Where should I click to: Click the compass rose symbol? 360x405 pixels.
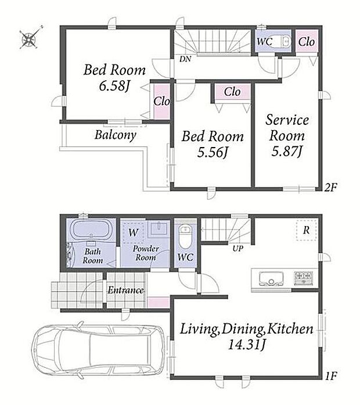(x=29, y=40)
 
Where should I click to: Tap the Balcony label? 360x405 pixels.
(x=116, y=135)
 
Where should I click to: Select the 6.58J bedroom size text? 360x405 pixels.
(x=114, y=86)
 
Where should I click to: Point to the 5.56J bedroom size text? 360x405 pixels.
(x=213, y=152)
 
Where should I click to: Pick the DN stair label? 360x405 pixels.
(x=185, y=59)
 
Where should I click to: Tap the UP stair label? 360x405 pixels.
(x=237, y=249)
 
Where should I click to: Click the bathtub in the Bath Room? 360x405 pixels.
(x=91, y=230)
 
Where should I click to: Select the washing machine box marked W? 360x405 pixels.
(x=133, y=232)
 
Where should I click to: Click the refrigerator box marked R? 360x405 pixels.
(x=307, y=230)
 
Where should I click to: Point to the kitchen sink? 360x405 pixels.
(x=271, y=279)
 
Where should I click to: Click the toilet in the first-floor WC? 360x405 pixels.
(x=185, y=236)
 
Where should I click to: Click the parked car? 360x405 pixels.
(x=98, y=349)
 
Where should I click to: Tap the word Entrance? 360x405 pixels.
(x=125, y=290)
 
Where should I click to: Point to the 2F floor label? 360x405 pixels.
(x=330, y=187)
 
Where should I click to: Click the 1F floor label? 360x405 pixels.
(x=331, y=376)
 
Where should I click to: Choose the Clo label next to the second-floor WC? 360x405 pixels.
(x=307, y=42)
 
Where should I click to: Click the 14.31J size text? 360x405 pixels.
(x=246, y=345)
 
